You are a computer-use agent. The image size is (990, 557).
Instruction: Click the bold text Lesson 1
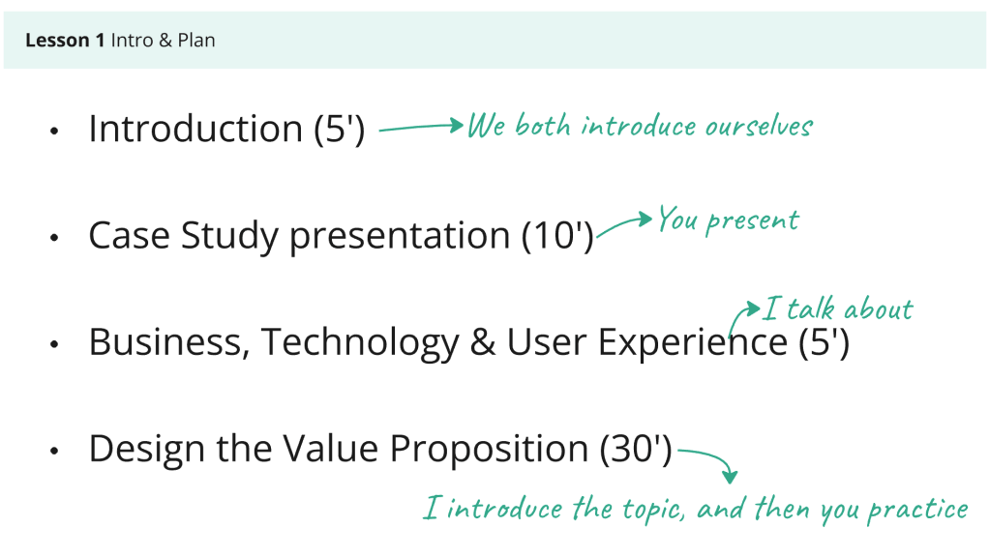click(65, 41)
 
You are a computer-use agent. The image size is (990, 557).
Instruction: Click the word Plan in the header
click(196, 41)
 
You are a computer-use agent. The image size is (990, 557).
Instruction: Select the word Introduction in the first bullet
click(195, 129)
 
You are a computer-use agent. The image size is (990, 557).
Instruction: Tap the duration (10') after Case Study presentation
click(557, 236)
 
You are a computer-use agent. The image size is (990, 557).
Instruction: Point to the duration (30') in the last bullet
click(636, 449)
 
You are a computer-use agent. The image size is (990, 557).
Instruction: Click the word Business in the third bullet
click(166, 342)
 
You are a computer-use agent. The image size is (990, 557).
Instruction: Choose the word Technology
click(360, 342)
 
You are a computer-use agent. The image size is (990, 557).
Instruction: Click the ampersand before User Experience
click(482, 342)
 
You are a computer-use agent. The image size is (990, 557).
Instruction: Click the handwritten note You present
click(728, 220)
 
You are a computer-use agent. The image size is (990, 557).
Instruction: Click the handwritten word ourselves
click(758, 127)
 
